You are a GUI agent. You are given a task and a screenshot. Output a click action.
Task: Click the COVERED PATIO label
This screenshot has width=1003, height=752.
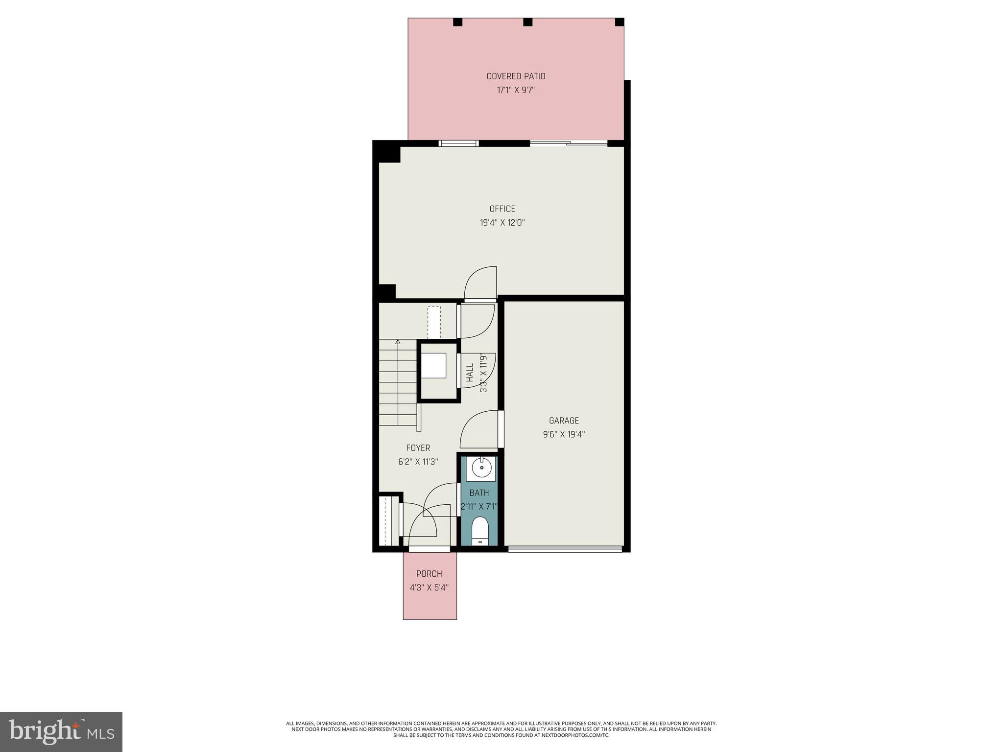point(516,76)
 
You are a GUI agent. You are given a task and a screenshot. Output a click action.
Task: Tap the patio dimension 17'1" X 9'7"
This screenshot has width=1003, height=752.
point(516,90)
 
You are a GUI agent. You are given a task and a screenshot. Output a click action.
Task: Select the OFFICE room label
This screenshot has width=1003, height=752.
point(502,209)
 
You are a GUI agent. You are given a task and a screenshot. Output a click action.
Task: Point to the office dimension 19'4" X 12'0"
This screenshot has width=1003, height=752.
point(502,223)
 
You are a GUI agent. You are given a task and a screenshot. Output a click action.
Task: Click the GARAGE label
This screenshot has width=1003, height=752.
point(564,421)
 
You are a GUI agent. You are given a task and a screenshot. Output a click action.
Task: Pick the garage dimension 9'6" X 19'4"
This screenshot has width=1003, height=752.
point(564,434)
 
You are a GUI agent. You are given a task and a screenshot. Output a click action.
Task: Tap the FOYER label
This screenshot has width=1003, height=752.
point(418,448)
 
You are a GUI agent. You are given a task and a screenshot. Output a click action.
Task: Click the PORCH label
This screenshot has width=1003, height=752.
point(429,574)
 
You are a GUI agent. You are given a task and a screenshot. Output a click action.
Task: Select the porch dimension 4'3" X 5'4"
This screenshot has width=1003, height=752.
point(429,587)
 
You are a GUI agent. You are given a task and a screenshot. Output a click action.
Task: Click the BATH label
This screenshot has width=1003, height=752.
point(479,493)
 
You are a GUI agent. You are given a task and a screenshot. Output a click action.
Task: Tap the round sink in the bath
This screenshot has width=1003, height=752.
point(481,468)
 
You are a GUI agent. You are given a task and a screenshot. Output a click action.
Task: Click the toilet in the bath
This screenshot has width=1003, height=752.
point(480,530)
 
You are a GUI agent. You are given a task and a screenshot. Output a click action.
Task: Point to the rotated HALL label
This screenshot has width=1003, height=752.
point(470,373)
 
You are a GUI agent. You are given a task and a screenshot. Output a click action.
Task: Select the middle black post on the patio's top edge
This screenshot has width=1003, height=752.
point(527,22)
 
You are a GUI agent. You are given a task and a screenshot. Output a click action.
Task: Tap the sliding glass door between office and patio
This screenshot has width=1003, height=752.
point(568,143)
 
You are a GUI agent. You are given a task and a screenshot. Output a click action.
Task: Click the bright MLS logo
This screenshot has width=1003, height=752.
point(61,731)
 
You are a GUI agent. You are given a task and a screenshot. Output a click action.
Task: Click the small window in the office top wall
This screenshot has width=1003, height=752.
point(458,143)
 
